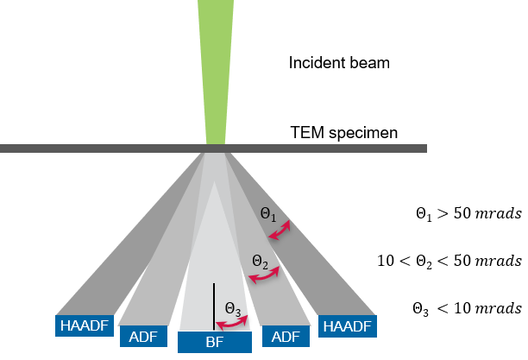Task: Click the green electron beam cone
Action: pyautogui.click(x=215, y=69)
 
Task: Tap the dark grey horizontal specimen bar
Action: pyautogui.click(x=345, y=148)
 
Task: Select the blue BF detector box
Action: pyautogui.click(x=215, y=342)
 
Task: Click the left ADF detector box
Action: pyautogui.click(x=143, y=337)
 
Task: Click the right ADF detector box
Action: pyautogui.click(x=286, y=337)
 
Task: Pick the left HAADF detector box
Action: pyautogui.click(x=84, y=325)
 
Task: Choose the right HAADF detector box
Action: pyautogui.click(x=345, y=325)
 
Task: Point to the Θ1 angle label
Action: pyautogui.click(x=268, y=213)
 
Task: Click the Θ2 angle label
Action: pyautogui.click(x=260, y=261)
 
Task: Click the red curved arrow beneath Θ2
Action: pyautogui.click(x=264, y=275)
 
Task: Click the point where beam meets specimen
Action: pyautogui.click(x=215, y=148)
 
